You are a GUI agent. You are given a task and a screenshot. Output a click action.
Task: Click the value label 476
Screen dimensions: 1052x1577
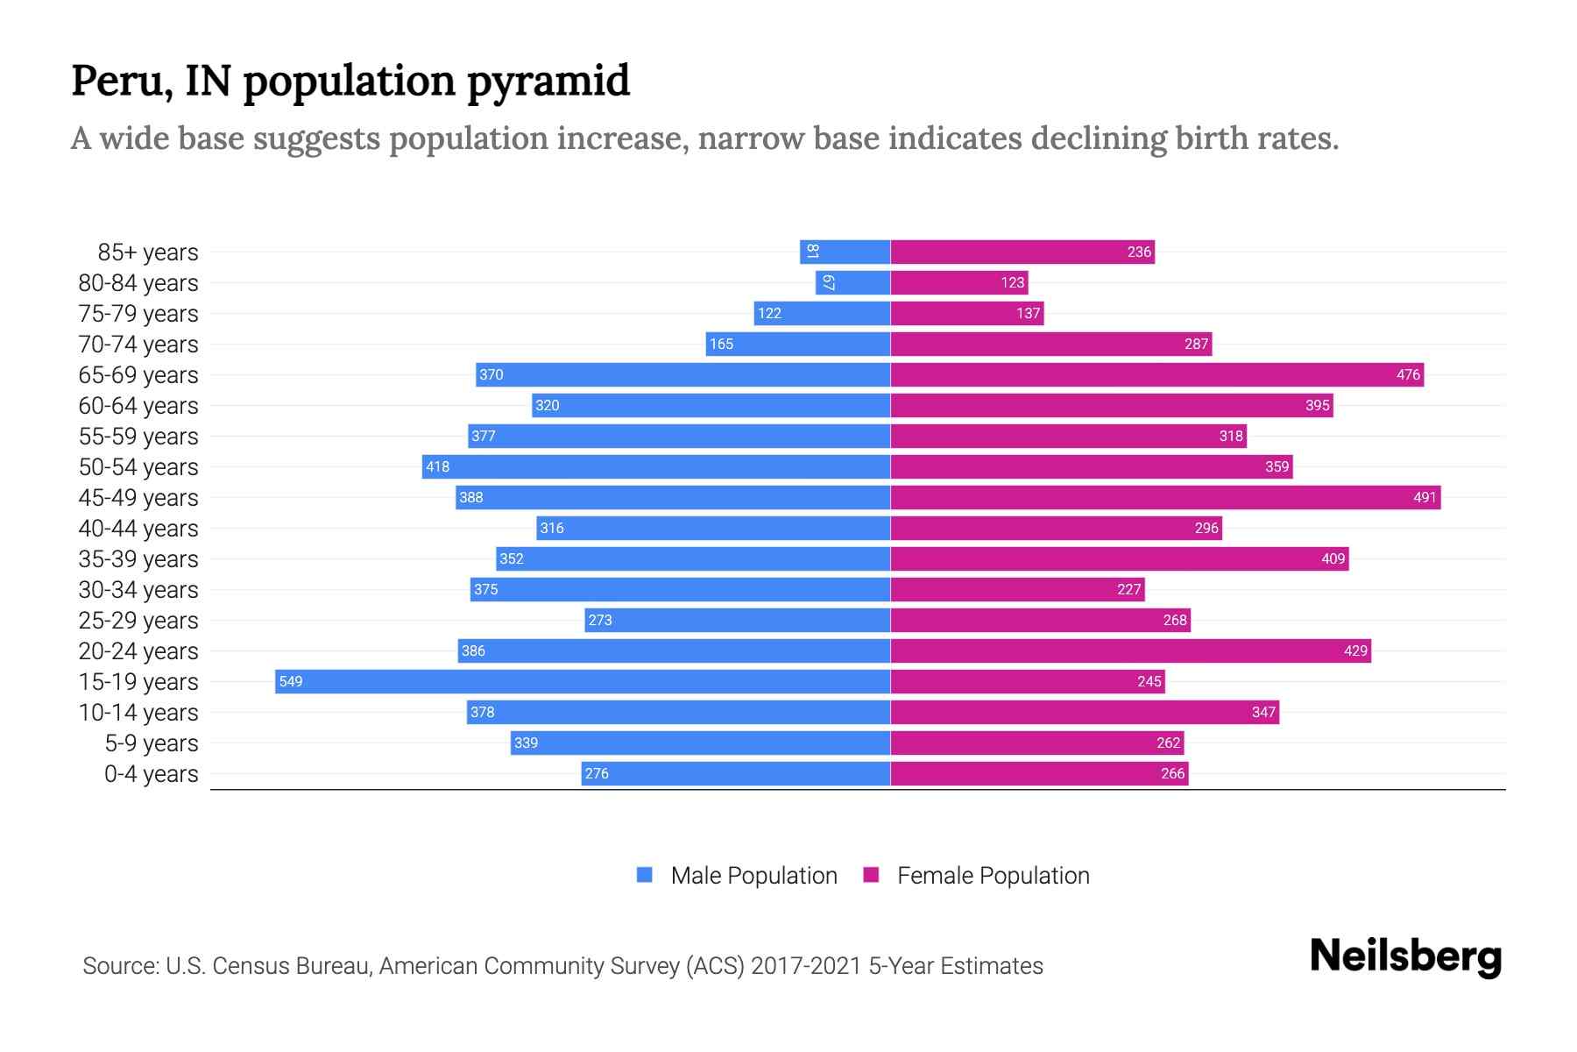(x=1408, y=374)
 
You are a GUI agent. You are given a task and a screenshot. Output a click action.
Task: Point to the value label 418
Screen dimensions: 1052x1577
(x=437, y=466)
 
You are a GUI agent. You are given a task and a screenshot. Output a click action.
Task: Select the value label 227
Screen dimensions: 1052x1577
(x=1128, y=589)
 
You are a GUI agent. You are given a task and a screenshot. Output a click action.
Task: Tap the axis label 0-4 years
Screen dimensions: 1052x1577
(x=151, y=774)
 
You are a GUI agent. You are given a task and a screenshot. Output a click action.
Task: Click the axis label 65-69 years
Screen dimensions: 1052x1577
(x=138, y=375)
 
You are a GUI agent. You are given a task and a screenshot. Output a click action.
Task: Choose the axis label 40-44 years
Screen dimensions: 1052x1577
(x=138, y=529)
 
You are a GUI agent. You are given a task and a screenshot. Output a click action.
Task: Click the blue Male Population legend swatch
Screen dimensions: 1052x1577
(x=645, y=875)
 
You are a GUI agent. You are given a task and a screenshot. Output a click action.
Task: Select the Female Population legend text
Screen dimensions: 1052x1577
(x=993, y=875)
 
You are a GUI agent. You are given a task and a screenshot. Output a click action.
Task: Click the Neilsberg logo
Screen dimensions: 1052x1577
(x=1405, y=956)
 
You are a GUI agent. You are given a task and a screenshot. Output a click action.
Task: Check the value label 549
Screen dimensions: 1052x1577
(x=291, y=681)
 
